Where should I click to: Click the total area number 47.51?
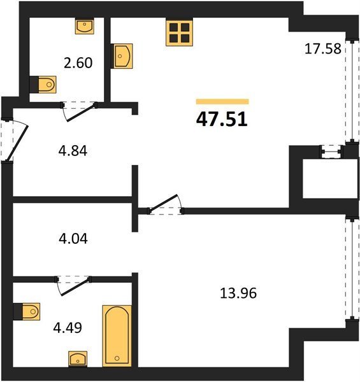(x=222, y=120)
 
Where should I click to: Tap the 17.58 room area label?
(x=323, y=48)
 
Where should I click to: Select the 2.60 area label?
(x=78, y=62)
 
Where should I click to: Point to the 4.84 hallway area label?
(x=73, y=151)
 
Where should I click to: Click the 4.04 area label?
(x=73, y=239)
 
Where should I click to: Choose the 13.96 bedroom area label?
(x=238, y=293)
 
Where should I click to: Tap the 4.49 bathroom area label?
(x=68, y=328)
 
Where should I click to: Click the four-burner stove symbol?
(x=179, y=33)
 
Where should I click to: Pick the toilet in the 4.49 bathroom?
(x=27, y=311)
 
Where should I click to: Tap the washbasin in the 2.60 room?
(x=85, y=26)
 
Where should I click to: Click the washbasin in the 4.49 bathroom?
(x=78, y=358)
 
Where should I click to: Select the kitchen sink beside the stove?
(x=122, y=56)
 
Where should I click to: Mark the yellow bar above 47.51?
(x=222, y=102)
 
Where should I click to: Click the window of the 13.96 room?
(x=352, y=268)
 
